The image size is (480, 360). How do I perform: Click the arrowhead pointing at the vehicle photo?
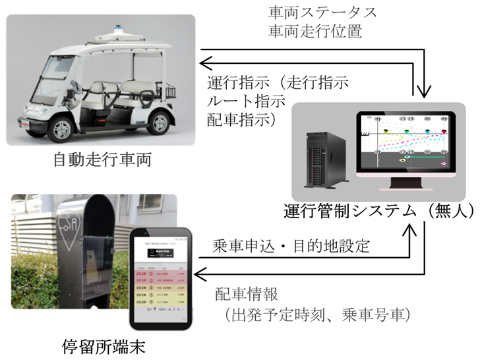tap(205, 63)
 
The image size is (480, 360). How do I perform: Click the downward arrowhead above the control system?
tap(423, 88)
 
